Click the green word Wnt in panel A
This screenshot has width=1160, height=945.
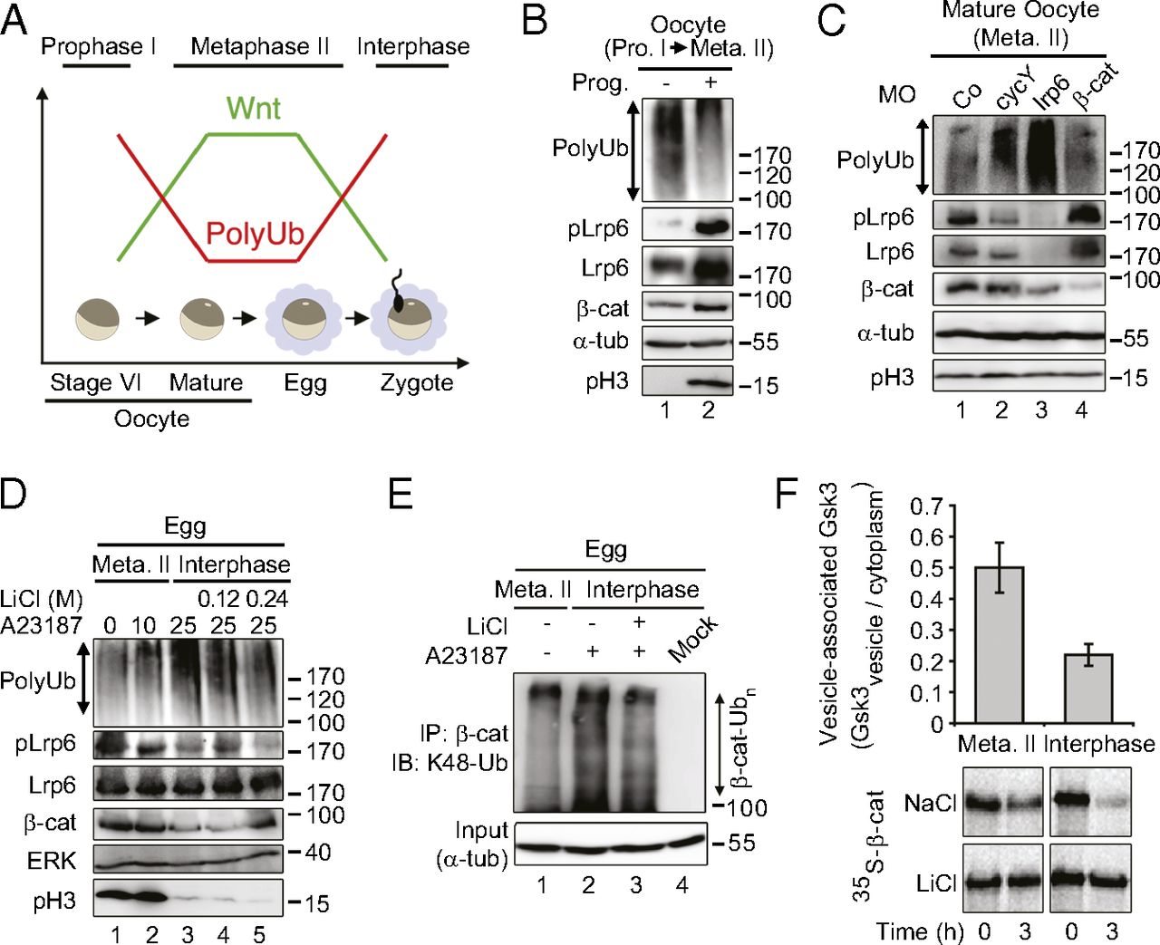click(x=253, y=109)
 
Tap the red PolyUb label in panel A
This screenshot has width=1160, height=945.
click(x=254, y=234)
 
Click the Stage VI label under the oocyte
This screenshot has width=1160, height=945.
click(x=95, y=383)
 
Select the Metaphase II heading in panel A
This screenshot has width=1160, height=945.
click(x=260, y=47)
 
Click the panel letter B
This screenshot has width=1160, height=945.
click(x=535, y=20)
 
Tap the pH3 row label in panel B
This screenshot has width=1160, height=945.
click(x=606, y=381)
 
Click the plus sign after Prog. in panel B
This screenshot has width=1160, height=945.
click(x=710, y=82)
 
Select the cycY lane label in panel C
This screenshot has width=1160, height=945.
click(x=1013, y=90)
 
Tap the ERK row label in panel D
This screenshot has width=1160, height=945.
click(x=52, y=860)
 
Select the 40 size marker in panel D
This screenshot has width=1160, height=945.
click(x=317, y=853)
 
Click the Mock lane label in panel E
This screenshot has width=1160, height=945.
click(x=692, y=639)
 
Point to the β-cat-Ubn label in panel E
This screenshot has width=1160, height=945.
click(x=743, y=738)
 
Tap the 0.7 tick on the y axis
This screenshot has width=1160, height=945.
click(x=925, y=506)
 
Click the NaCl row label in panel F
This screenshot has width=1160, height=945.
click(x=930, y=803)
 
